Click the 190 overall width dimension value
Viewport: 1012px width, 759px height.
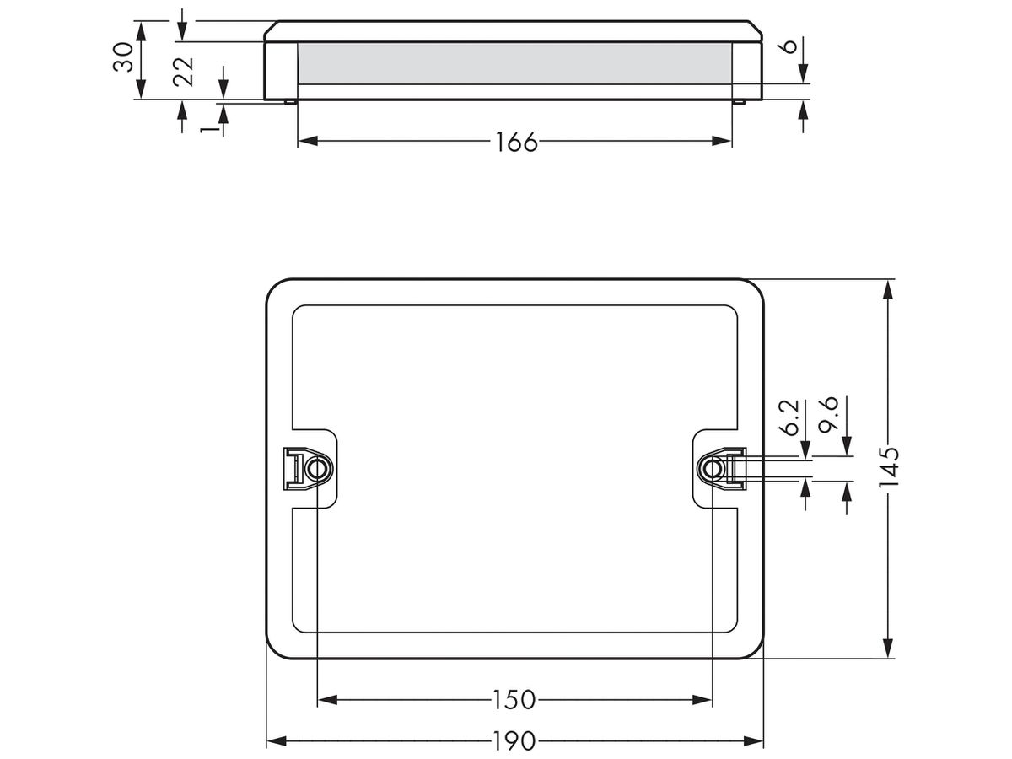click(x=514, y=741)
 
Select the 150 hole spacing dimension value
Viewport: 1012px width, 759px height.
click(x=514, y=699)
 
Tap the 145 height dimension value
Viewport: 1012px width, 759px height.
click(x=888, y=468)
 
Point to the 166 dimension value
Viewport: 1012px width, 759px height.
click(x=514, y=142)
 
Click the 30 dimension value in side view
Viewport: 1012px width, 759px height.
click(x=124, y=59)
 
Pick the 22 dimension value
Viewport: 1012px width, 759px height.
click(x=183, y=70)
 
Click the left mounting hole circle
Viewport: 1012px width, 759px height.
click(x=316, y=468)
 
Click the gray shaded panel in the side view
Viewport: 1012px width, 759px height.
click(x=514, y=63)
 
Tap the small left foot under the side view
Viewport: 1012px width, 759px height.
click(x=289, y=103)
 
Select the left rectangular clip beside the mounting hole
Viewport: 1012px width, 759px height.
click(x=292, y=468)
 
